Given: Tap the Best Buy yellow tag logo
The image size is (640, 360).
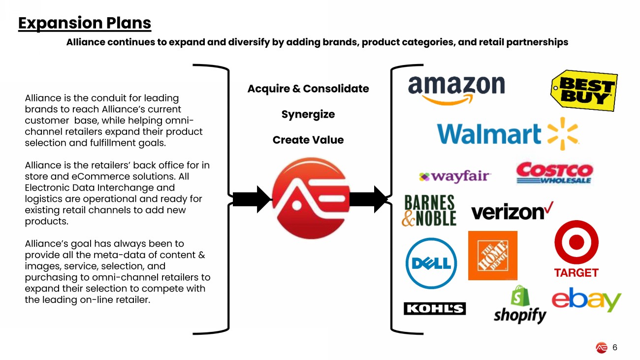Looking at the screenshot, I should pos(584,91).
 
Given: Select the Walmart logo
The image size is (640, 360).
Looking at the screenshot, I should pos(507,133).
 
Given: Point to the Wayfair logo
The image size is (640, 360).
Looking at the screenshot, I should pos(454,176).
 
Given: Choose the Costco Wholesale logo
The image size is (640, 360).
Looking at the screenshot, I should pos(554,173).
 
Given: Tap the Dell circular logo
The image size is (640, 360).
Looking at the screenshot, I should pos(431,263).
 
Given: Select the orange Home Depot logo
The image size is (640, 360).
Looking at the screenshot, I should pos(492,255).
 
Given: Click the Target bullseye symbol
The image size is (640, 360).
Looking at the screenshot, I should pos(576,242).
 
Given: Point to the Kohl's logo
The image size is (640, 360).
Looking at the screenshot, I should pos(434,309).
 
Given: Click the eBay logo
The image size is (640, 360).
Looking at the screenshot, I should pos(586,300).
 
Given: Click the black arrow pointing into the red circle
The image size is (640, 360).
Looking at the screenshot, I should pos(252,199).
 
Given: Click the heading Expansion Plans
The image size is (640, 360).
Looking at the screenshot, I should pos(85,23).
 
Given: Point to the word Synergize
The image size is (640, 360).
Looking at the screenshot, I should pos(308,114).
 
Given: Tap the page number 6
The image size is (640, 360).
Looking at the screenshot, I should pos(615,347).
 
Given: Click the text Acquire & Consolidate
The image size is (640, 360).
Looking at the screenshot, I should pos(308,89).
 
